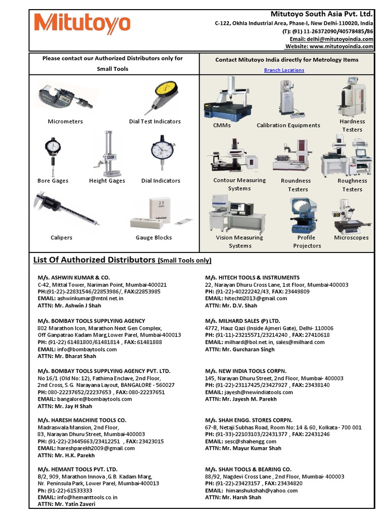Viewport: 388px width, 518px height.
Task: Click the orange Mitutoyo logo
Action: pos(82,24)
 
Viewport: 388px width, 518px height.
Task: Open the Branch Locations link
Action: pos(284,70)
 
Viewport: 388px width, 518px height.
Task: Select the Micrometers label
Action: pos(65,121)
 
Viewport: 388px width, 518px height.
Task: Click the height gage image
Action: pos(105,153)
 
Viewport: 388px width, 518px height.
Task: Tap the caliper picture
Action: pos(65,207)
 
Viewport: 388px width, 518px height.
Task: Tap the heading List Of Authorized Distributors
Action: pos(94,260)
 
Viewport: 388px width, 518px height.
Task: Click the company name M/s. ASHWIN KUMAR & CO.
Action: pos(73,278)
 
